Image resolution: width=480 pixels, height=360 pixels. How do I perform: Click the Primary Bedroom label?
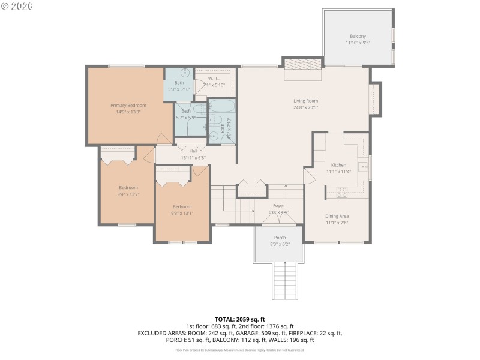(128, 105)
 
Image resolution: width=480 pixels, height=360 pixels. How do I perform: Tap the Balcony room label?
(358, 36)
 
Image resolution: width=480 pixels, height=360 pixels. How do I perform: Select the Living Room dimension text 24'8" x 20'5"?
(305, 107)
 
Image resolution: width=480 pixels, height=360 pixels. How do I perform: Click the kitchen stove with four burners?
(341, 193)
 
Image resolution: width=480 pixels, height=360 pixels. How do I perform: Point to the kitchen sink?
(363, 166)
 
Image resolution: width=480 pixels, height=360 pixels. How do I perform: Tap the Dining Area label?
(337, 216)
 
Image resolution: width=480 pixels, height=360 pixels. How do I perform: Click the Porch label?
(280, 238)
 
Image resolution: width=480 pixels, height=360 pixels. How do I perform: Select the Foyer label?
(278, 206)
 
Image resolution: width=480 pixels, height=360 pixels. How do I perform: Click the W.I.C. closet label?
(214, 79)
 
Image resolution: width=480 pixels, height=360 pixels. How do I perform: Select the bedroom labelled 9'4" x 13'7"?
(128, 187)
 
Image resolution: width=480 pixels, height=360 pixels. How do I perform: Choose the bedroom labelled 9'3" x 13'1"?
(182, 206)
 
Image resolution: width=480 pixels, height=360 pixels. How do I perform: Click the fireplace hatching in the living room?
(302, 65)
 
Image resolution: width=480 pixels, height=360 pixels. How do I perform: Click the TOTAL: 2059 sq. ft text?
(240, 319)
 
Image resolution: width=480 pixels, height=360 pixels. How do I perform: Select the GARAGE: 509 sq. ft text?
(269, 333)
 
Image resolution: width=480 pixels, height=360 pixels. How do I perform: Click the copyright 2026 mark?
(17, 6)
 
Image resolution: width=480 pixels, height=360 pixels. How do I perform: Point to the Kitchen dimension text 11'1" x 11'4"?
(339, 172)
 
